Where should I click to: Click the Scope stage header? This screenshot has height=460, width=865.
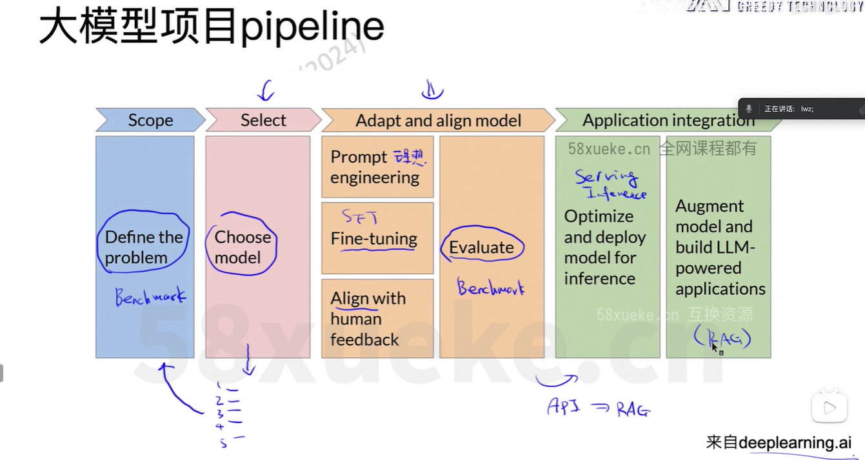pos(150,120)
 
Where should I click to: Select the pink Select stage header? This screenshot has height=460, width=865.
pos(263,120)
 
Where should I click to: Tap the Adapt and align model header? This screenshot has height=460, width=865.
pos(438,120)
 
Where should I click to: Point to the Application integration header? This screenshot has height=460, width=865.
pos(668,120)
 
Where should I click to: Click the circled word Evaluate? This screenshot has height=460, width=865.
pos(481,248)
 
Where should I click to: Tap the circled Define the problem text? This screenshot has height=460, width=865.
pos(144,247)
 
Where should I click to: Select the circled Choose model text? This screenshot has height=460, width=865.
pos(242,247)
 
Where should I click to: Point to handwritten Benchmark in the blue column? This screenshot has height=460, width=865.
pos(150,297)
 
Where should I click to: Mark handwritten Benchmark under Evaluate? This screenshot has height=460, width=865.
pos(491,288)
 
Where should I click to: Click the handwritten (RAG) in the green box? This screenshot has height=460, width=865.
pos(722,337)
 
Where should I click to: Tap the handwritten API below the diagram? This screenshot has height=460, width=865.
pos(563,406)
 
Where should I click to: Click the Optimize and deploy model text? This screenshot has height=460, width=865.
pos(604,247)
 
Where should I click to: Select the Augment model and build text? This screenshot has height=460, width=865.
pos(720,247)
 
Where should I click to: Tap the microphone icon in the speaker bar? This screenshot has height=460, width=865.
pos(748,109)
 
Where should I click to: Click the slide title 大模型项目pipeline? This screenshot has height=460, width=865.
pos(212,28)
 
